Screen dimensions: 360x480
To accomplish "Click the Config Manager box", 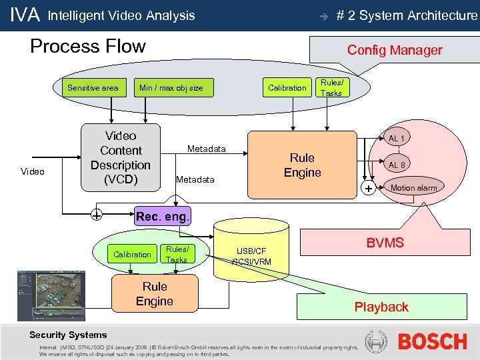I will (395, 50).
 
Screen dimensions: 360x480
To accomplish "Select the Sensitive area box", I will (93, 87).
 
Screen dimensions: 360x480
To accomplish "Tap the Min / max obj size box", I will (171, 87).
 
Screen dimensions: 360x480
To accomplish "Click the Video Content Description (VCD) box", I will (121, 158).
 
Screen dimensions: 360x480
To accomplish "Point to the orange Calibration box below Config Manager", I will (287, 87).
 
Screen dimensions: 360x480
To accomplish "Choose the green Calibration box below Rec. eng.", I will (132, 254).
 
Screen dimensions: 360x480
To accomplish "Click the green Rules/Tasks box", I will (177, 254).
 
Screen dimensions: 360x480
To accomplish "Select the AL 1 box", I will (397, 138).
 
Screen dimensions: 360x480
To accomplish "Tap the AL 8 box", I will (397, 165).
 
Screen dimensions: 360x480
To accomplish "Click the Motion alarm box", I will (413, 188).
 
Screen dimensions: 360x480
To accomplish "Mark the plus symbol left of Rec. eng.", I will (97, 216).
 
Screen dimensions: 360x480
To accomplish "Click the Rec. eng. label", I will (162, 216).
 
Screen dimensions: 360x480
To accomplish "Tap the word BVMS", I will (385, 243).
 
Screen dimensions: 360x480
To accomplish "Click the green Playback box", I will (381, 307).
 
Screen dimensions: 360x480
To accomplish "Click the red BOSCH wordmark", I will (432, 342).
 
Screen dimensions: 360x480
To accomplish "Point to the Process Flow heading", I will (88, 47).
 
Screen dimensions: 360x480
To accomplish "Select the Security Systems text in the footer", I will (68, 335).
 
